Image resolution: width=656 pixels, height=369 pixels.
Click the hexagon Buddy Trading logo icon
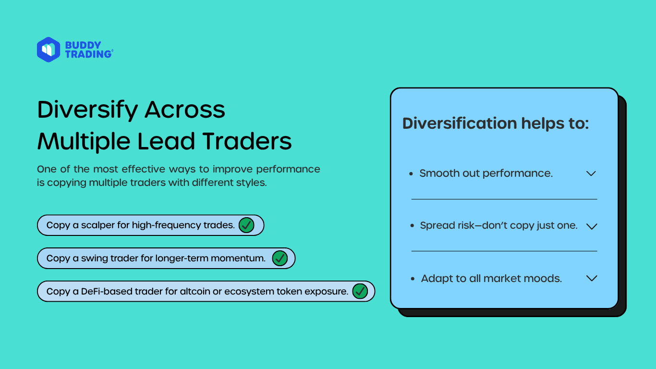click(x=49, y=49)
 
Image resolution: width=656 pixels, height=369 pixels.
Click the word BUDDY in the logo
click(x=83, y=45)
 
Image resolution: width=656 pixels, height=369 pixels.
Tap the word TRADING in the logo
click(x=88, y=54)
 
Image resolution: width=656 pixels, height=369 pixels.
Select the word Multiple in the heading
click(x=84, y=142)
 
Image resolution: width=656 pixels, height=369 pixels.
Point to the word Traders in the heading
click(x=247, y=141)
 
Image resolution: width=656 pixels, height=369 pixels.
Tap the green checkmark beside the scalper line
click(x=246, y=225)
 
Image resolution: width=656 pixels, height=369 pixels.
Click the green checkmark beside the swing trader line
click(x=279, y=258)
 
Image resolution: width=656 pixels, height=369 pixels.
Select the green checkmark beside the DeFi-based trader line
click(x=360, y=291)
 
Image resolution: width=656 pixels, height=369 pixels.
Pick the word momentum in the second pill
click(x=238, y=258)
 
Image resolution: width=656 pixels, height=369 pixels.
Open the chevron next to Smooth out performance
click(x=591, y=173)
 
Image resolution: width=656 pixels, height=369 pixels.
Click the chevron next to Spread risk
click(x=592, y=226)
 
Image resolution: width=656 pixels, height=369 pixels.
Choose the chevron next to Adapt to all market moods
click(x=592, y=278)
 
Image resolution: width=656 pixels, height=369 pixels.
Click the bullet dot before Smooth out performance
click(x=411, y=174)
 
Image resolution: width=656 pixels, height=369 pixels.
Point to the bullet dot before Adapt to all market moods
click(x=413, y=279)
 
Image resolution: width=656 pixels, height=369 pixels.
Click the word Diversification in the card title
click(x=460, y=123)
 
